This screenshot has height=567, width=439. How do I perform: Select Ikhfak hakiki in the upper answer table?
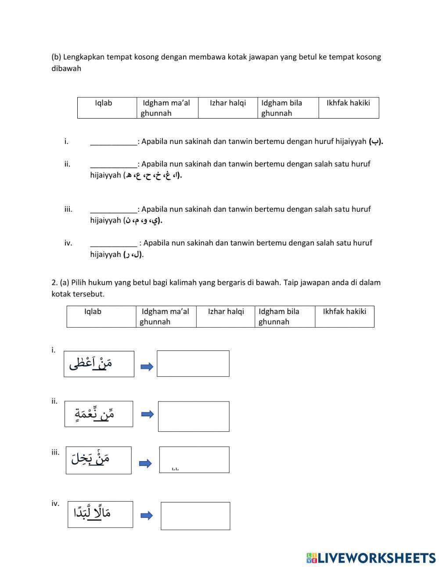pyautogui.click(x=349, y=108)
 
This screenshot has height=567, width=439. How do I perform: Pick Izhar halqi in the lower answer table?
pyautogui.click(x=226, y=316)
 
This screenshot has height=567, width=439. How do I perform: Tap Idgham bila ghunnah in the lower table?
pyautogui.click(x=284, y=316)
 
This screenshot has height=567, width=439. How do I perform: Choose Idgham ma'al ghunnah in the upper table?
pyautogui.click(x=167, y=108)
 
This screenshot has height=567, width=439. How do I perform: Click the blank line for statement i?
pyautogui.click(x=114, y=141)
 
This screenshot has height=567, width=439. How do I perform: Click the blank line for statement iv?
pyautogui.click(x=114, y=243)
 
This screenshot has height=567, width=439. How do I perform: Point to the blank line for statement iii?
pyautogui.click(x=114, y=209)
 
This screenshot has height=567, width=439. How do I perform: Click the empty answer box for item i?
pyautogui.click(x=193, y=363)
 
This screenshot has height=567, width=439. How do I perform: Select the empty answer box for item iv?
pyautogui.click(x=195, y=516)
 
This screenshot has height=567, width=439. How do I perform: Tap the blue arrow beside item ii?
pyautogui.click(x=148, y=414)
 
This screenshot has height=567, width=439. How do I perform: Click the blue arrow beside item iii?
pyautogui.click(x=145, y=463)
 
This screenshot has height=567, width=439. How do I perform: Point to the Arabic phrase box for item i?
pyautogui.click(x=99, y=364)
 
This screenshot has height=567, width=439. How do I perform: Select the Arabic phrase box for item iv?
pyautogui.click(x=100, y=514)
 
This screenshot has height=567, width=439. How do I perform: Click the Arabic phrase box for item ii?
pyautogui.click(x=99, y=414)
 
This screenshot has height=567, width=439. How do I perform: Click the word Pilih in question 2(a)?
pyautogui.click(x=80, y=282)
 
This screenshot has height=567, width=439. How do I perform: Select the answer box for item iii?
pyautogui.click(x=194, y=459)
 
